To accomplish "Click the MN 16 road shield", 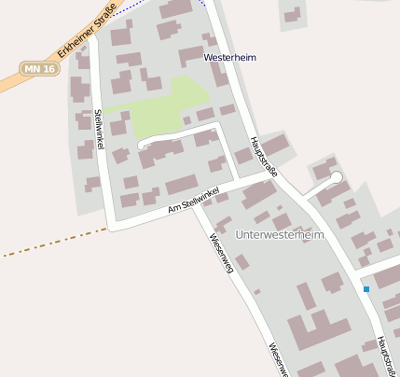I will click(x=37, y=68).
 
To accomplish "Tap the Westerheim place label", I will click(x=230, y=58).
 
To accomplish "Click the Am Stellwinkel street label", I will click(x=194, y=199).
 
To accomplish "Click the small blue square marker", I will click(x=366, y=289).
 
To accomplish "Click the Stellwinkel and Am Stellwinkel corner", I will click(x=112, y=226).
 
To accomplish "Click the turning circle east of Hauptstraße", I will click(x=337, y=176).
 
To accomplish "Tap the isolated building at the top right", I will click(x=293, y=15).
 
